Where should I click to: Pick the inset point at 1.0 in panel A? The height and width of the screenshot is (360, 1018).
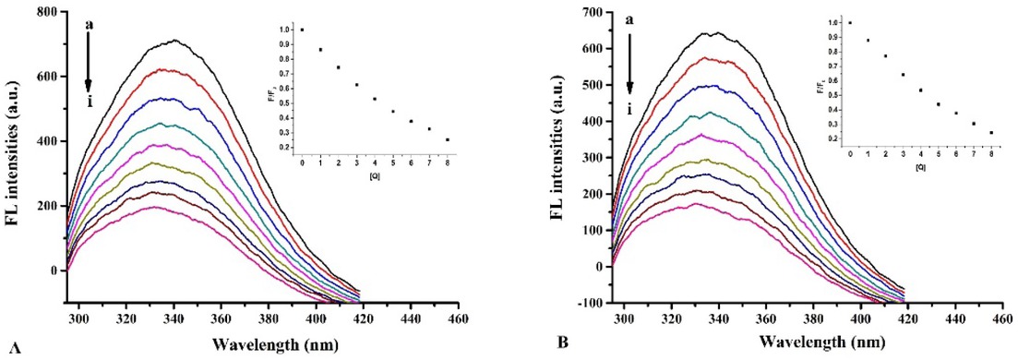coord(302,30)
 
